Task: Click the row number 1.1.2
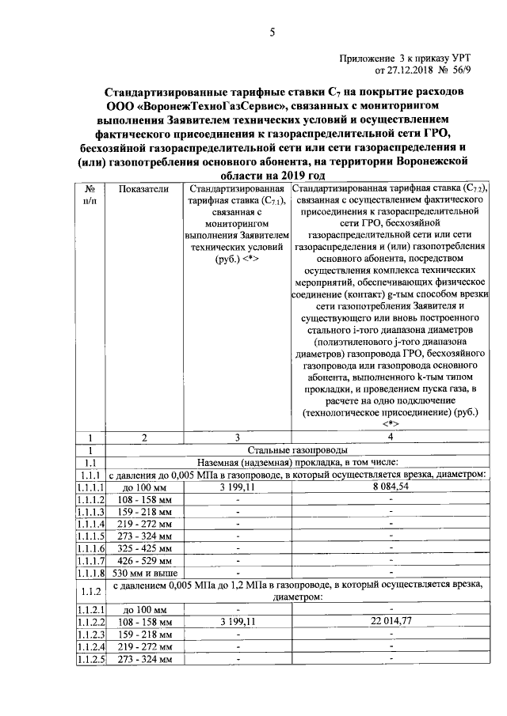coord(90,590)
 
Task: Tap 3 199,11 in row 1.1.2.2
coord(237,623)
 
